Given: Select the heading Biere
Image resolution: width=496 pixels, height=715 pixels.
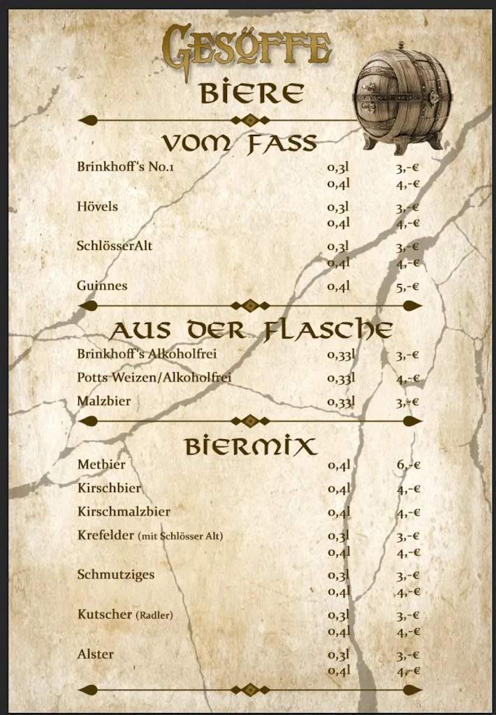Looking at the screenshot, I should pyautogui.click(x=251, y=93).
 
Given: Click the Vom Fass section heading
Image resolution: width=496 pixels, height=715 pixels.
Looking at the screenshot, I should pyautogui.click(x=240, y=143).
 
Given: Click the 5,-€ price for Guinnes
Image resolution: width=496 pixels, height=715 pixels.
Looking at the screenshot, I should pyautogui.click(x=407, y=286).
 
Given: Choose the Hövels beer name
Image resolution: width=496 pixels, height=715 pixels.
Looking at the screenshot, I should pyautogui.click(x=97, y=207).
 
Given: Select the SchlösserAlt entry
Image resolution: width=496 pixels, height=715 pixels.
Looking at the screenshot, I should pyautogui.click(x=115, y=246).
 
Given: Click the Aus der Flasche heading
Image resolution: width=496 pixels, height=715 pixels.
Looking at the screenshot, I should pyautogui.click(x=251, y=330).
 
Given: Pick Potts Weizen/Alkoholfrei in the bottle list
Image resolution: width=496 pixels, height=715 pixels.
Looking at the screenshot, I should pyautogui.click(x=154, y=378).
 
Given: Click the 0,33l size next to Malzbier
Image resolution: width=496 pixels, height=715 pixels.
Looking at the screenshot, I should pyautogui.click(x=342, y=402).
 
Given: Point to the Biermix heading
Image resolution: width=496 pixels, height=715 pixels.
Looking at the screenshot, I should pyautogui.click(x=251, y=445).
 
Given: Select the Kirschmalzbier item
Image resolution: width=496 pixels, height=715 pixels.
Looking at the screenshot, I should pyautogui.click(x=124, y=512).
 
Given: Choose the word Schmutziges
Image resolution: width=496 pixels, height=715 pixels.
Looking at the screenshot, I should pyautogui.click(x=116, y=575).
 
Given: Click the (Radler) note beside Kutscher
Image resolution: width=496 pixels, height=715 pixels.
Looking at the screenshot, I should pyautogui.click(x=154, y=615).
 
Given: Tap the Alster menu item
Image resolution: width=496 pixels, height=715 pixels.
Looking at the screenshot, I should pyautogui.click(x=95, y=654).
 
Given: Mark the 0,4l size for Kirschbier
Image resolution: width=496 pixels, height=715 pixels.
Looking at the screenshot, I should pyautogui.click(x=339, y=489).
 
